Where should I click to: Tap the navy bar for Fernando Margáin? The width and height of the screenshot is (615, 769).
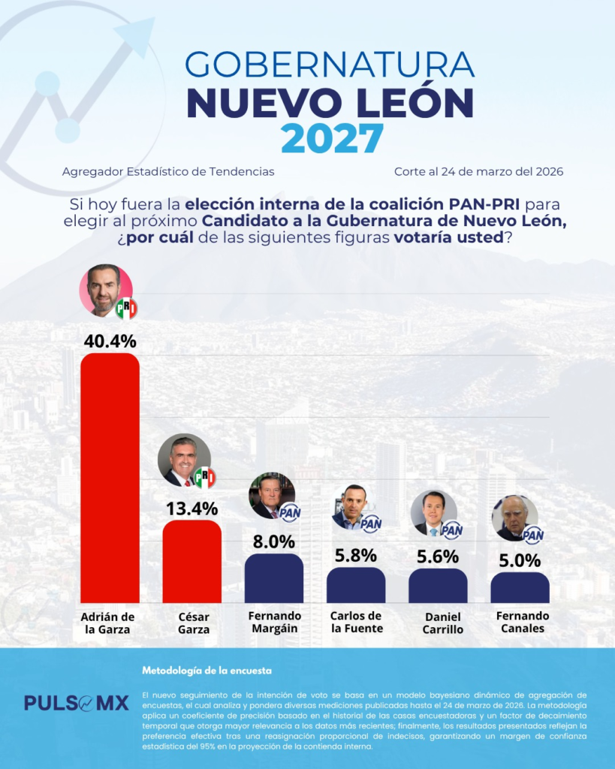pyautogui.click(x=273, y=578)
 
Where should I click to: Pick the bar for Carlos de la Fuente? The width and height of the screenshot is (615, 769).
pyautogui.click(x=356, y=585)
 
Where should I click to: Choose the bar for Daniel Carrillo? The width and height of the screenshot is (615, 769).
pyautogui.click(x=438, y=586)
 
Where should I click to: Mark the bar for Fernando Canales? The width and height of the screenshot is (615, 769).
pyautogui.click(x=520, y=587)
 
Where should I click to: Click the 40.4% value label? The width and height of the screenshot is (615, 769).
pyautogui.click(x=110, y=341)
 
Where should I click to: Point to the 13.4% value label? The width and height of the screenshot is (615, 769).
pyautogui.click(x=191, y=508)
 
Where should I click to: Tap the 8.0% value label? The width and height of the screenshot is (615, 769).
pyautogui.click(x=273, y=542)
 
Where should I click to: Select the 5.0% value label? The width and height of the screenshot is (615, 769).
pyautogui.click(x=520, y=560)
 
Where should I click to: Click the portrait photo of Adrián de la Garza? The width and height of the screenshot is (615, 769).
pyautogui.click(x=105, y=290)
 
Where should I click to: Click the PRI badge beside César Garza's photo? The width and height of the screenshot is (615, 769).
pyautogui.click(x=203, y=478)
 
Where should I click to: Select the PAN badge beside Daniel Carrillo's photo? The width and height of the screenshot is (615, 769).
pyautogui.click(x=452, y=530)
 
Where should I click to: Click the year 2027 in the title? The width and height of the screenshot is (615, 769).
pyautogui.click(x=332, y=138)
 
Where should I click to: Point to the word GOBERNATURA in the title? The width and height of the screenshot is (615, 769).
pyautogui.click(x=330, y=65)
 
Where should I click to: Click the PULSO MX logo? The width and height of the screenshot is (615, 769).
pyautogui.click(x=76, y=703)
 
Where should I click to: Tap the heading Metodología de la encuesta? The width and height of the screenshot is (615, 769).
pyautogui.click(x=207, y=670)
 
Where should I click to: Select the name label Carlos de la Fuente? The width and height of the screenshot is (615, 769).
pyautogui.click(x=356, y=623)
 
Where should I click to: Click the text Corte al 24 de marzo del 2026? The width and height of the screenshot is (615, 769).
pyautogui.click(x=478, y=171)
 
